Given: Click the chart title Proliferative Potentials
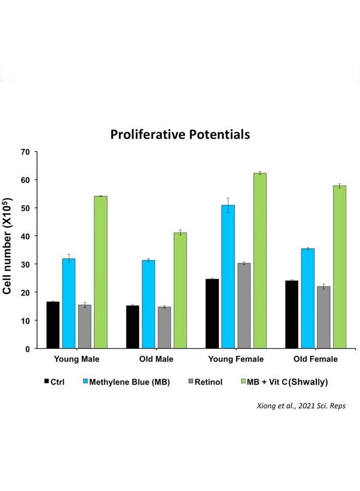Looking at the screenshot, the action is point(180,135).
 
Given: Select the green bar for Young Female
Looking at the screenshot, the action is point(260,261).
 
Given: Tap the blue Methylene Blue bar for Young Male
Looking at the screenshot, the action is point(69,303).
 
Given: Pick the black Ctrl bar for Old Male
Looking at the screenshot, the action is point(133,327).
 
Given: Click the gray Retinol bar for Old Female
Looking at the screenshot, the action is point(323,317).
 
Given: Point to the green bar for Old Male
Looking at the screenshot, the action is point(181,290).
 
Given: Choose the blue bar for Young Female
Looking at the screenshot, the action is point(228,277).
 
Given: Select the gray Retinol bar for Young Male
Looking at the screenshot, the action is point(85,327).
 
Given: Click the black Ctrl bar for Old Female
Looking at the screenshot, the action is point(292,314).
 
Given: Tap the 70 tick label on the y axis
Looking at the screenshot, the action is point(25,152).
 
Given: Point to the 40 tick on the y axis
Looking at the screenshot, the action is point(25,236).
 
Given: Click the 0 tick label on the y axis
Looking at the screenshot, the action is point(28,349).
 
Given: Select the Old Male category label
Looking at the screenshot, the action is point(156,359).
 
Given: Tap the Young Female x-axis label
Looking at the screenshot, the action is point(236,359).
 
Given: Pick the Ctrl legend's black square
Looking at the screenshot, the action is point(47,381).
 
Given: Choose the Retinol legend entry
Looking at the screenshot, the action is point(206,382).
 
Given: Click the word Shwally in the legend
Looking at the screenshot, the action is point(308,382).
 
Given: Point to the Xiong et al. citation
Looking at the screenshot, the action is point(301,406).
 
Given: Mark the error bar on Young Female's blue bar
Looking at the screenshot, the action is point(228,206).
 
